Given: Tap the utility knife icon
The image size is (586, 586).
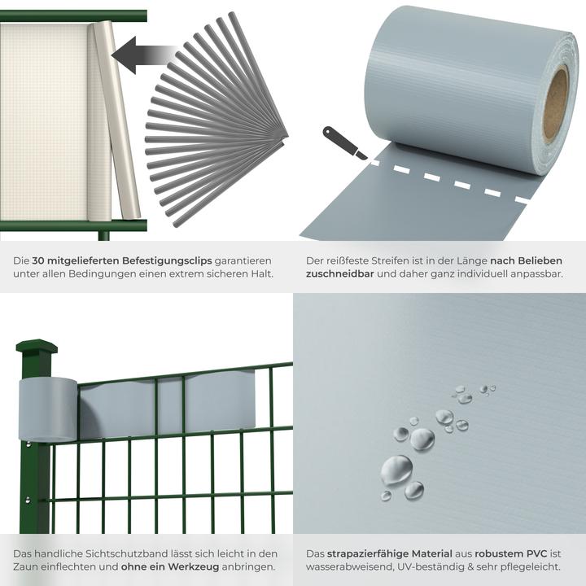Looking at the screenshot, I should coord(344,142).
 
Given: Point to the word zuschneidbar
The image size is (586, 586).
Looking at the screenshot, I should coord(340,274).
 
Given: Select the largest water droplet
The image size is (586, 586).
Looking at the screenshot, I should coord(396,469).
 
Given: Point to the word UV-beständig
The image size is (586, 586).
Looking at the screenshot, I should coord(436,566).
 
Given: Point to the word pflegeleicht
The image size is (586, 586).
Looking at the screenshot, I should coord(530,566).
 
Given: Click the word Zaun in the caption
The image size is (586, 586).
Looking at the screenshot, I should coord(28,566).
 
